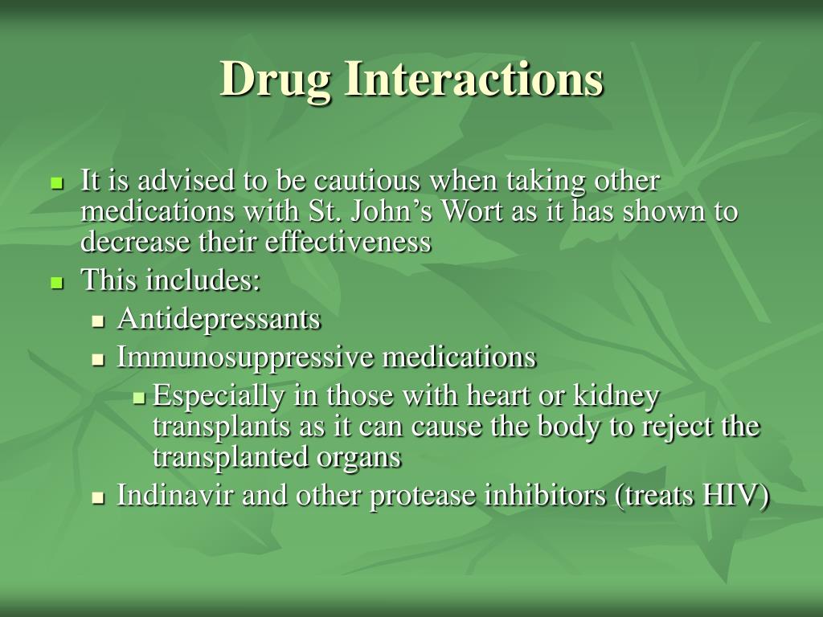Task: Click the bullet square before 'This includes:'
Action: [57, 283]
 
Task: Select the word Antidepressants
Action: [219, 319]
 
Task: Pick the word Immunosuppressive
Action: [245, 358]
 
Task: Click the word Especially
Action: [218, 396]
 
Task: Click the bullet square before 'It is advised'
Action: [57, 184]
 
